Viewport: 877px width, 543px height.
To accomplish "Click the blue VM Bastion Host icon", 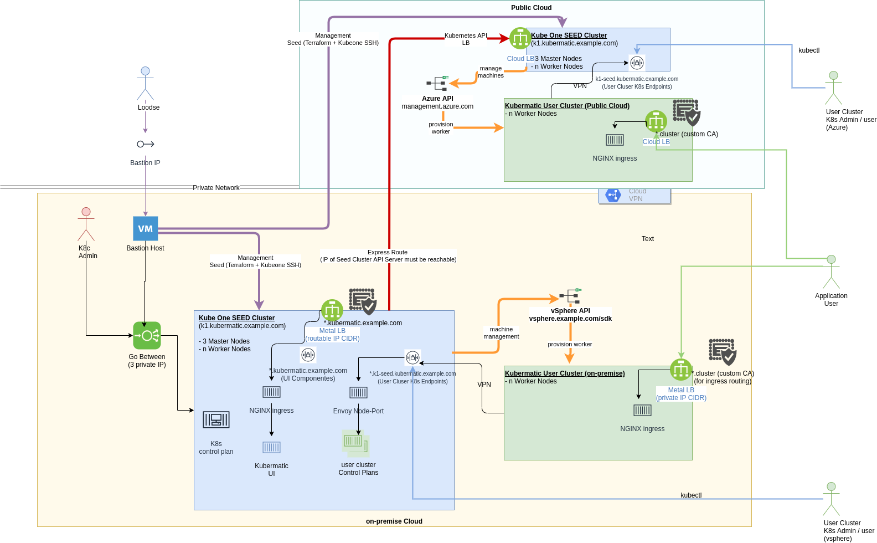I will (x=146, y=228).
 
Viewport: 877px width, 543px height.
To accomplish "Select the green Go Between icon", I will (x=147, y=335).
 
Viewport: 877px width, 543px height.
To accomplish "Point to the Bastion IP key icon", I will (x=145, y=144).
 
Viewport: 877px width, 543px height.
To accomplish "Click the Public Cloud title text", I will (x=531, y=8).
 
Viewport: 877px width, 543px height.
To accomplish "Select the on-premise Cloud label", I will (x=394, y=521).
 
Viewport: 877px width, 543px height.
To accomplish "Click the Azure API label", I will (x=437, y=99).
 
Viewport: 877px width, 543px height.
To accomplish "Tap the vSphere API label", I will (x=570, y=311).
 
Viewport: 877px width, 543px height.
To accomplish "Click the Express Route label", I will (x=388, y=252).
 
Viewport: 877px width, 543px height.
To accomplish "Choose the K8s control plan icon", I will (x=216, y=419).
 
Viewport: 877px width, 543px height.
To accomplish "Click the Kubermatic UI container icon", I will (x=271, y=447).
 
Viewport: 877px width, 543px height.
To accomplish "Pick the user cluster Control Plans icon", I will (x=355, y=442).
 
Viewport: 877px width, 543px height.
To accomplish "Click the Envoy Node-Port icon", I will (x=358, y=392).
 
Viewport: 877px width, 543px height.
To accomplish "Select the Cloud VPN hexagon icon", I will (x=613, y=195).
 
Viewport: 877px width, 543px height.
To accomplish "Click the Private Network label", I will (x=216, y=188).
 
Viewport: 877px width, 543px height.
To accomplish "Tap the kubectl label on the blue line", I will (x=691, y=495).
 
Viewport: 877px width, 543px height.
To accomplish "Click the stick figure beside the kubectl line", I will (x=831, y=499).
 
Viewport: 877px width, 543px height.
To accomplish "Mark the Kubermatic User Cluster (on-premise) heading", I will (x=565, y=373).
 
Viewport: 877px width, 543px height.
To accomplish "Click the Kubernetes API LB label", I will (x=466, y=39).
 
